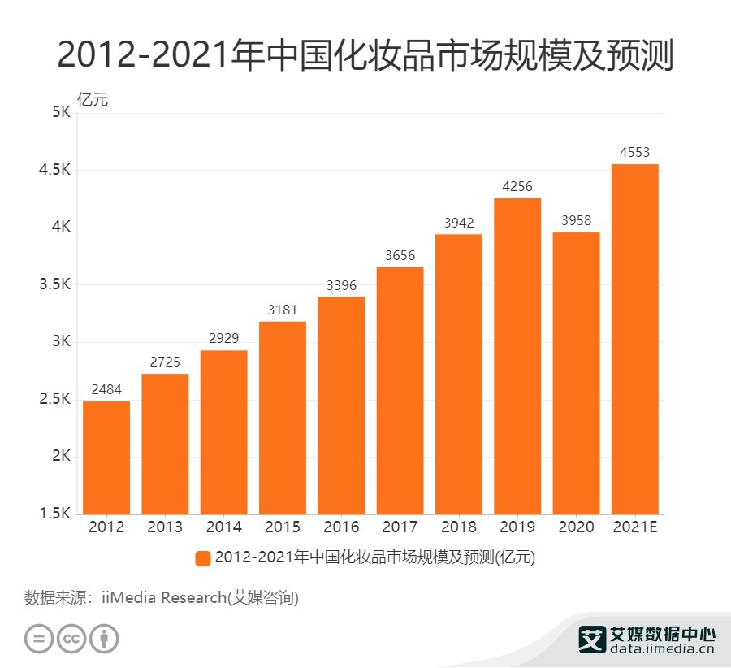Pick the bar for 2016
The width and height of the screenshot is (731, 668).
pos(341,406)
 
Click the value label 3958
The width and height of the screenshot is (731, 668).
pos(576,220)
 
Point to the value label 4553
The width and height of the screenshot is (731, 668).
pos(634,152)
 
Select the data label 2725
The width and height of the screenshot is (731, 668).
pos(165,362)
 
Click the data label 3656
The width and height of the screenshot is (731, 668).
pos(400,255)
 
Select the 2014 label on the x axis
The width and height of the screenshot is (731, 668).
pos(223,527)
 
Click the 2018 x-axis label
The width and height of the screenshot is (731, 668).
pos(458,527)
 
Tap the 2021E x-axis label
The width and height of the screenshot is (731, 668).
pos(634,527)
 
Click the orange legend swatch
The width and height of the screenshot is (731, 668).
pos(203,558)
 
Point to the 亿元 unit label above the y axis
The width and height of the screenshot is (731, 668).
pos(92,100)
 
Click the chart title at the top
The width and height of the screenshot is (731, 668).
pos(365,55)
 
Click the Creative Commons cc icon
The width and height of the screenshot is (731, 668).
pos(71,639)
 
